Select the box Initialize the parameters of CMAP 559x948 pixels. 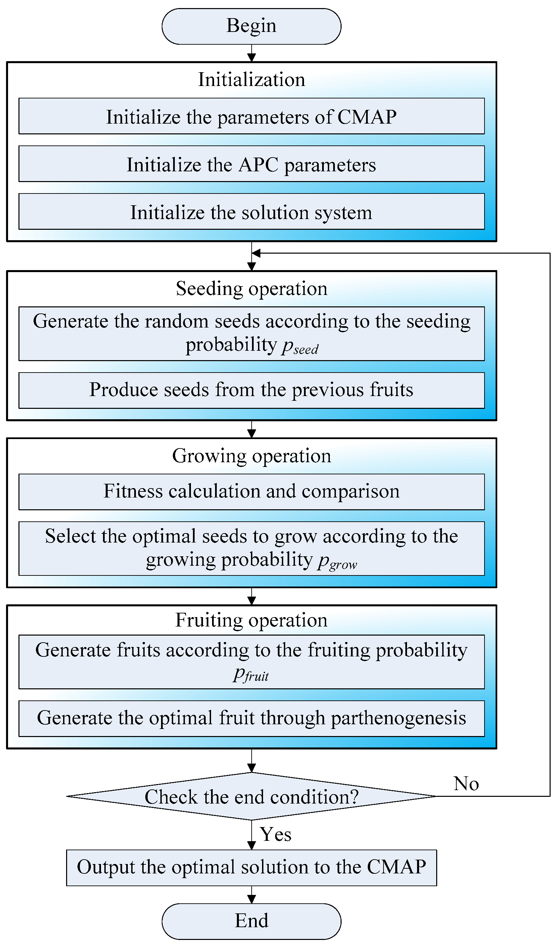click(x=251, y=116)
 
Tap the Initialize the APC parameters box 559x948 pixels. click(x=251, y=164)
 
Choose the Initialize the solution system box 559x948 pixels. click(x=251, y=212)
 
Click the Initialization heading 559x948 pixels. click(x=251, y=80)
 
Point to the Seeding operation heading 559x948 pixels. click(x=251, y=289)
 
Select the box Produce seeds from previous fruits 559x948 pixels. click(x=251, y=390)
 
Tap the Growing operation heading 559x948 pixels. click(x=251, y=456)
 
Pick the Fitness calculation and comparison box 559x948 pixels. click(x=251, y=491)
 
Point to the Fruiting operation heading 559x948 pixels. click(x=251, y=620)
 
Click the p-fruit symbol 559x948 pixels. click(x=251, y=674)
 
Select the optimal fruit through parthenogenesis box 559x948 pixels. click(x=251, y=718)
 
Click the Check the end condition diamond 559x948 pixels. click(x=251, y=796)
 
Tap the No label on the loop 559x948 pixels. click(x=466, y=784)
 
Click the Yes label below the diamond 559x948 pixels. click(x=276, y=834)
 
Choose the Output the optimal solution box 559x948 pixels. click(x=251, y=867)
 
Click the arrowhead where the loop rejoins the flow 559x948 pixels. click(x=256, y=253)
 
